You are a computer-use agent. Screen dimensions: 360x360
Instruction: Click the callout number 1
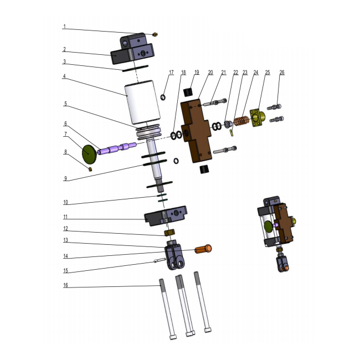(64, 27)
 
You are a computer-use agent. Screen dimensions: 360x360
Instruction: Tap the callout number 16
(66, 285)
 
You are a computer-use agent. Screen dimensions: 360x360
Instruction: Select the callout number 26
(282, 73)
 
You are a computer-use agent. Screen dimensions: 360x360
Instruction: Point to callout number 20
(210, 73)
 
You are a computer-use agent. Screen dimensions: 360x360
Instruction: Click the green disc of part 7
(89, 154)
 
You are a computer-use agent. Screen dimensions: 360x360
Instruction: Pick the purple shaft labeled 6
(117, 148)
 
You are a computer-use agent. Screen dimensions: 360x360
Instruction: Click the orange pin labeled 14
(203, 249)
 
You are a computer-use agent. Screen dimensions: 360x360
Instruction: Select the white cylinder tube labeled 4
(142, 102)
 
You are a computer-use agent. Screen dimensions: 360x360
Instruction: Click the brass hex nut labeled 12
(169, 233)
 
